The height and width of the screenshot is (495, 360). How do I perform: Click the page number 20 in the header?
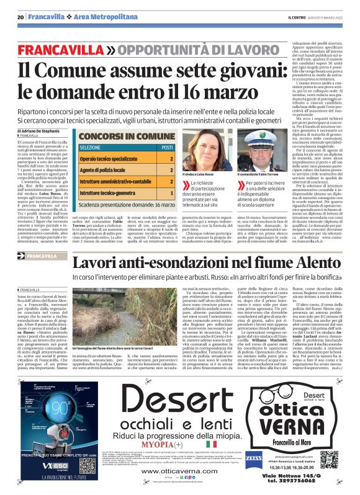tap(20, 17)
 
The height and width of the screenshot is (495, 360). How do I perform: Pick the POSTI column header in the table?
tap(167, 148)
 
